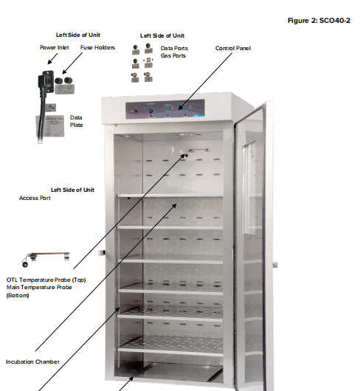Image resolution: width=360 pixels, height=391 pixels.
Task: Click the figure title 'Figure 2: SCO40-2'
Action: point(319,21)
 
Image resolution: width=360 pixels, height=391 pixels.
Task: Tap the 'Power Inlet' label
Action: point(55,47)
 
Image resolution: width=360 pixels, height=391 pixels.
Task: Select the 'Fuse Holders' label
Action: point(97,47)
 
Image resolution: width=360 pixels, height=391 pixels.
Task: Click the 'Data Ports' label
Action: point(174,48)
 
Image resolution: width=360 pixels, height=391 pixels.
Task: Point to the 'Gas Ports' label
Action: point(173,55)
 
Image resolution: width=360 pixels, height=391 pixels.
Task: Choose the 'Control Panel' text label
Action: point(233,48)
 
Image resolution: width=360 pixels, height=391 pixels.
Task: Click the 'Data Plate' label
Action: point(76,121)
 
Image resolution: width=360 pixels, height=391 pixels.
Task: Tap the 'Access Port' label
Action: point(35,198)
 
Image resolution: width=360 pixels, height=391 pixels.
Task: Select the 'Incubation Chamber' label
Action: point(32,361)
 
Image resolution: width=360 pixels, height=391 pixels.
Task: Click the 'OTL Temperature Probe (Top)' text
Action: point(46,280)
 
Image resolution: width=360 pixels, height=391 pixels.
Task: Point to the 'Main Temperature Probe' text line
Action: point(39,287)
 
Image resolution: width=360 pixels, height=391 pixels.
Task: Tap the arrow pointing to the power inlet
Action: point(52,58)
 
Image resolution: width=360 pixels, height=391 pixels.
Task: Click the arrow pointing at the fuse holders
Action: point(72,63)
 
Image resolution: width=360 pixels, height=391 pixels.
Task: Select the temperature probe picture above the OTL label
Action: point(46,259)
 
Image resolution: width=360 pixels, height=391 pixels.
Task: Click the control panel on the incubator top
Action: point(165,109)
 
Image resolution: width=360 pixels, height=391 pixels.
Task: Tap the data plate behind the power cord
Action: point(51,126)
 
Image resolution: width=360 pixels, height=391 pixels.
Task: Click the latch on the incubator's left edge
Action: point(102,253)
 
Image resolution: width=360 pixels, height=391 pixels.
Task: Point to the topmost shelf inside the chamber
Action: point(170,195)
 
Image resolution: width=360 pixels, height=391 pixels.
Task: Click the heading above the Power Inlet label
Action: point(78,35)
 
